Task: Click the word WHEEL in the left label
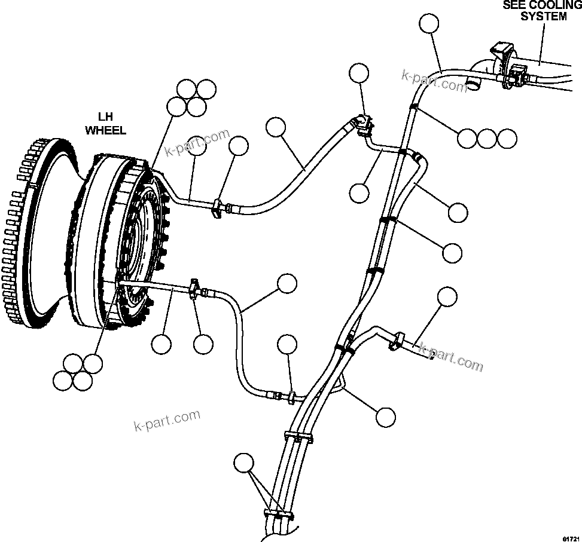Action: (x=106, y=130)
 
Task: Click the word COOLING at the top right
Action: (x=557, y=5)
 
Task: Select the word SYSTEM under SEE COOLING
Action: (x=543, y=17)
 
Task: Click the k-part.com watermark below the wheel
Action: (x=166, y=420)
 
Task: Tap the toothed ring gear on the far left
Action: (x=24, y=233)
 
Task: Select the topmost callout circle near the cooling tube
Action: (x=428, y=24)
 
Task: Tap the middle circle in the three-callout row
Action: (x=487, y=138)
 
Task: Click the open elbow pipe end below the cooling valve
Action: (x=474, y=86)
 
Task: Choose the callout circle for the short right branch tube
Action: (x=447, y=296)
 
